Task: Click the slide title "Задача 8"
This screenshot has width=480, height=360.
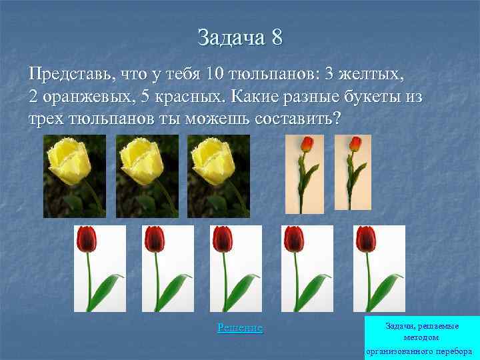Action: (x=240, y=37)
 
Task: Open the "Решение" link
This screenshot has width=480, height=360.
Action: (x=240, y=328)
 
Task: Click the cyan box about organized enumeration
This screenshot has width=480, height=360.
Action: (x=422, y=337)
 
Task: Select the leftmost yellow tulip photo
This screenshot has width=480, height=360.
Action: (x=75, y=176)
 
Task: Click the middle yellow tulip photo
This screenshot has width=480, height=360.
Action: (x=147, y=176)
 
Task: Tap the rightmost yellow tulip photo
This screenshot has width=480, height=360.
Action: (x=219, y=176)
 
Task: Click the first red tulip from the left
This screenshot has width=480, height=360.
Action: (x=99, y=269)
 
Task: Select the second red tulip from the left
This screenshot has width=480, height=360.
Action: (x=168, y=269)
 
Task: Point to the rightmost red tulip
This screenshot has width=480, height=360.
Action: (x=379, y=269)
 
